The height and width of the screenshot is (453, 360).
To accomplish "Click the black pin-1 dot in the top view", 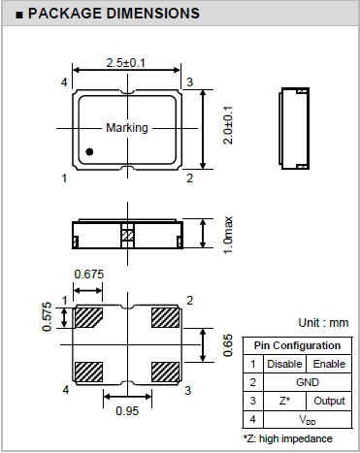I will point(89,151).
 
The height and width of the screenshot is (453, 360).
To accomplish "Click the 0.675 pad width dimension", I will point(89,275).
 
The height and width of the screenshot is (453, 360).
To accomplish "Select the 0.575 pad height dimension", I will point(46,315).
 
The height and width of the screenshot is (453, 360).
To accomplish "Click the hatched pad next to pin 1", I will point(89,317).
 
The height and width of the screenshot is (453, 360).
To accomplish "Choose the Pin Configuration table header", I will point(296,345).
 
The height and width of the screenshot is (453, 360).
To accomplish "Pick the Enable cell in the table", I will point(328,364).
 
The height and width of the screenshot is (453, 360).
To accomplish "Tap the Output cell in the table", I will point(328,401).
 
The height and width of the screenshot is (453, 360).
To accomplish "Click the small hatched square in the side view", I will point(126,234).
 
